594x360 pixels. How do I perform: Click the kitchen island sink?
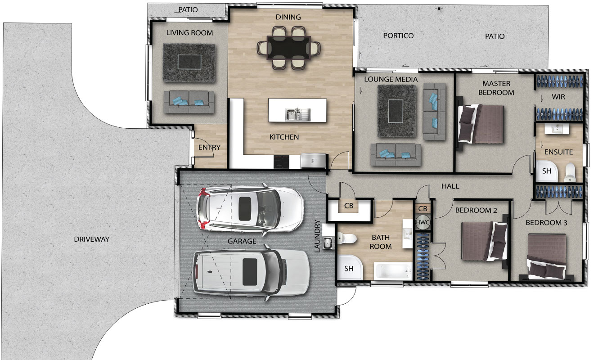pos(297,114)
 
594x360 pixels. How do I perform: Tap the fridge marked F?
pos(313,161)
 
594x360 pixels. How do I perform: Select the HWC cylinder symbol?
pos(423,222)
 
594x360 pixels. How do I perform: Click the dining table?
pos(289,48)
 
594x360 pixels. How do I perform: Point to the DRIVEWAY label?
pos(91,239)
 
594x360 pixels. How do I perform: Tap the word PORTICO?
pos(398,36)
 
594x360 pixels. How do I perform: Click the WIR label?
pos(558,97)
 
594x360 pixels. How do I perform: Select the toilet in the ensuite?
pos(570,172)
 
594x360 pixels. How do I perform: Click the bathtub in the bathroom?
pos(393,271)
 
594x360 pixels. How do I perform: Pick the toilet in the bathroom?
pos(347,238)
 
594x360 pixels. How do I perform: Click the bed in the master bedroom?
pos(481,124)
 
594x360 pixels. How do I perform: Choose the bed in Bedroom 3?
pos(547,256)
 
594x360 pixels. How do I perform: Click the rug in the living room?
pos(189,63)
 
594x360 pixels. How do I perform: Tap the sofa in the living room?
pos(189,102)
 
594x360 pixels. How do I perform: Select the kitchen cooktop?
pos(281,162)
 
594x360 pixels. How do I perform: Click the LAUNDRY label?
pos(317,236)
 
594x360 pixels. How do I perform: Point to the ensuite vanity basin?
pos(557,129)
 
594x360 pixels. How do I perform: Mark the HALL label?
pos(450,186)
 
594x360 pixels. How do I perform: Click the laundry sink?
pos(328,243)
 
